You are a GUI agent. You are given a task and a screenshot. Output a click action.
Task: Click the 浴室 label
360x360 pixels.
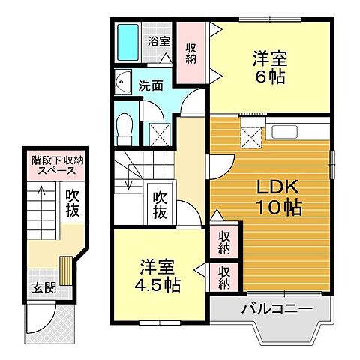pyautogui.click(x=158, y=42)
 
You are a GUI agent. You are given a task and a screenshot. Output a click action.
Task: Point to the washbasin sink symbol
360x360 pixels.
pyautogui.click(x=123, y=82)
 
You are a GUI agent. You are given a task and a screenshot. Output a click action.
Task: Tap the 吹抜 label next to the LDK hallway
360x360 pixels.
pyautogui.click(x=160, y=204)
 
